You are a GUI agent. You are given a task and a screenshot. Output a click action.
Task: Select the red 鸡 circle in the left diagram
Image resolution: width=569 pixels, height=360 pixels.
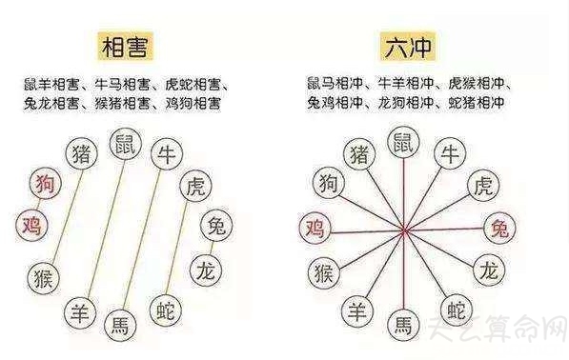[x=31, y=226]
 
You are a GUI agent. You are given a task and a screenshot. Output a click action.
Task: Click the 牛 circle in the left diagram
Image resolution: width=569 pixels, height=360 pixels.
[x=167, y=154]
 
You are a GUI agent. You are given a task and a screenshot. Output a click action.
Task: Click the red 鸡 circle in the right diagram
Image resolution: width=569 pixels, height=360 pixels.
[x=314, y=228]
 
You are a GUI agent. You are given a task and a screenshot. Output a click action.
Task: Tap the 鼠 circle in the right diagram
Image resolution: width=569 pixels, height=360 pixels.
[x=405, y=145]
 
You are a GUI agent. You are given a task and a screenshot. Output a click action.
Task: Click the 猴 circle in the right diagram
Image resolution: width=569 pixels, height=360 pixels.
[x=324, y=272]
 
